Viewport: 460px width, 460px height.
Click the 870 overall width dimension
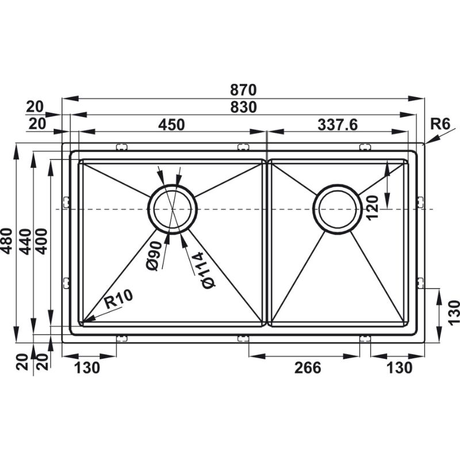tap(243, 90)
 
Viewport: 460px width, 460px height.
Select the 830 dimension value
tap(243, 107)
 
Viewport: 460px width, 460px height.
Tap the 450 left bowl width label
tap(171, 124)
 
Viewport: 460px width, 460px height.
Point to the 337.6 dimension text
tap(338, 124)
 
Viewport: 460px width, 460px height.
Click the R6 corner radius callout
tap(440, 124)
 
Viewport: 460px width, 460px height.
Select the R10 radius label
tap(119, 299)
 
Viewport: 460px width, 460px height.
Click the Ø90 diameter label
tap(154, 255)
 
